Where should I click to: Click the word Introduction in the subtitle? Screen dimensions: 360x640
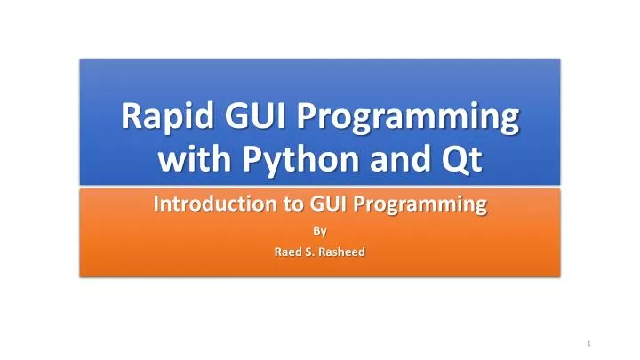click(x=205, y=206)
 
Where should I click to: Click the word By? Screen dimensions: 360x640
click(x=320, y=232)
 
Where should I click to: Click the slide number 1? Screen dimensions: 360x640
click(x=588, y=343)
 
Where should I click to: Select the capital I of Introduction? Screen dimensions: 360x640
click(x=156, y=205)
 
